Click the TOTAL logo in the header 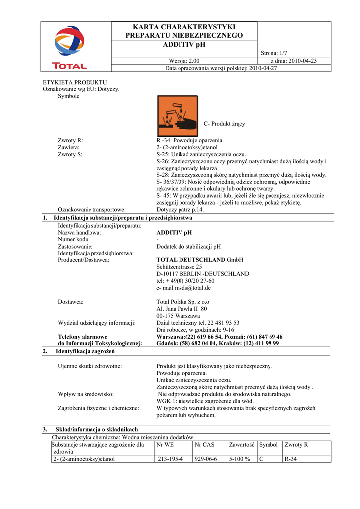click(x=70, y=47)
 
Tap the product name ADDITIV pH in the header click(x=184, y=45)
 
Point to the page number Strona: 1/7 click(x=275, y=53)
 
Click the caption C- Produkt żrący click(x=224, y=124)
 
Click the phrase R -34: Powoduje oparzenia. click(x=190, y=140)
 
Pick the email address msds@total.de click(x=183, y=288)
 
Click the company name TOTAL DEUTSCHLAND click(x=191, y=260)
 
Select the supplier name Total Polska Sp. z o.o click(x=183, y=302)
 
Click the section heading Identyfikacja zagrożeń click(x=85, y=351)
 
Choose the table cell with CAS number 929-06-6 click(x=206, y=459)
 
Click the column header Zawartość click(x=242, y=444)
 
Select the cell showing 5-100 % click(x=240, y=459)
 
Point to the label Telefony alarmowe click(x=83, y=337)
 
